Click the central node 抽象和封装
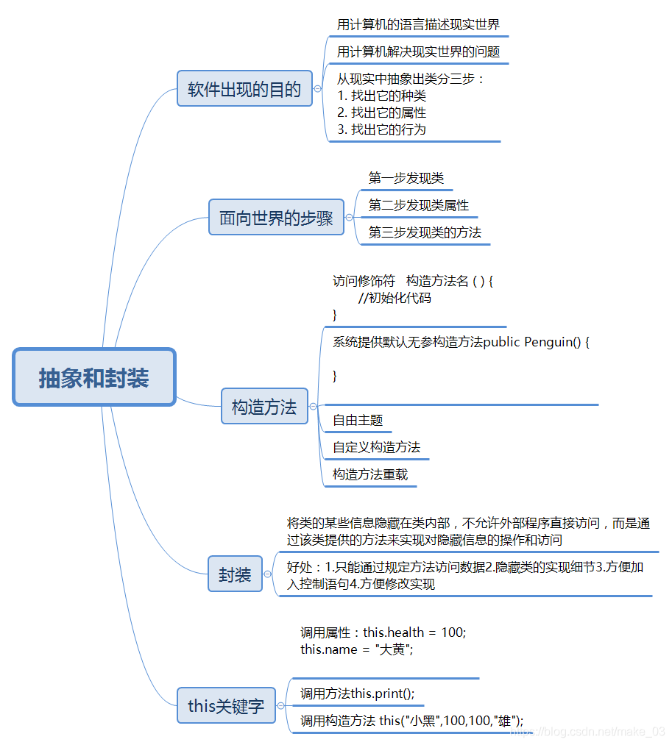(94, 377)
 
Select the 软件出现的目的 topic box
(244, 89)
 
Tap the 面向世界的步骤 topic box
(276, 218)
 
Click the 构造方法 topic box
(264, 407)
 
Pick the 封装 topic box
(235, 574)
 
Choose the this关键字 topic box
(226, 706)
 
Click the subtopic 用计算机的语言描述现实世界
(418, 24)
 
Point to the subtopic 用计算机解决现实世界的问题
(418, 51)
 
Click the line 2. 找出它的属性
(381, 113)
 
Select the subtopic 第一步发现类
(406, 178)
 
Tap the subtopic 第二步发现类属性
(418, 205)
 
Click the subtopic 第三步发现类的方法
(425, 232)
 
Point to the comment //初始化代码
(395, 298)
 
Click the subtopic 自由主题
(358, 420)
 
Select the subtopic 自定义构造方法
(376, 447)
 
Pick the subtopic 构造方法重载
(369, 474)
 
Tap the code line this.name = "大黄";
(357, 649)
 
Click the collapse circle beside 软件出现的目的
(317, 89)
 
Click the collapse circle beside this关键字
(280, 706)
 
